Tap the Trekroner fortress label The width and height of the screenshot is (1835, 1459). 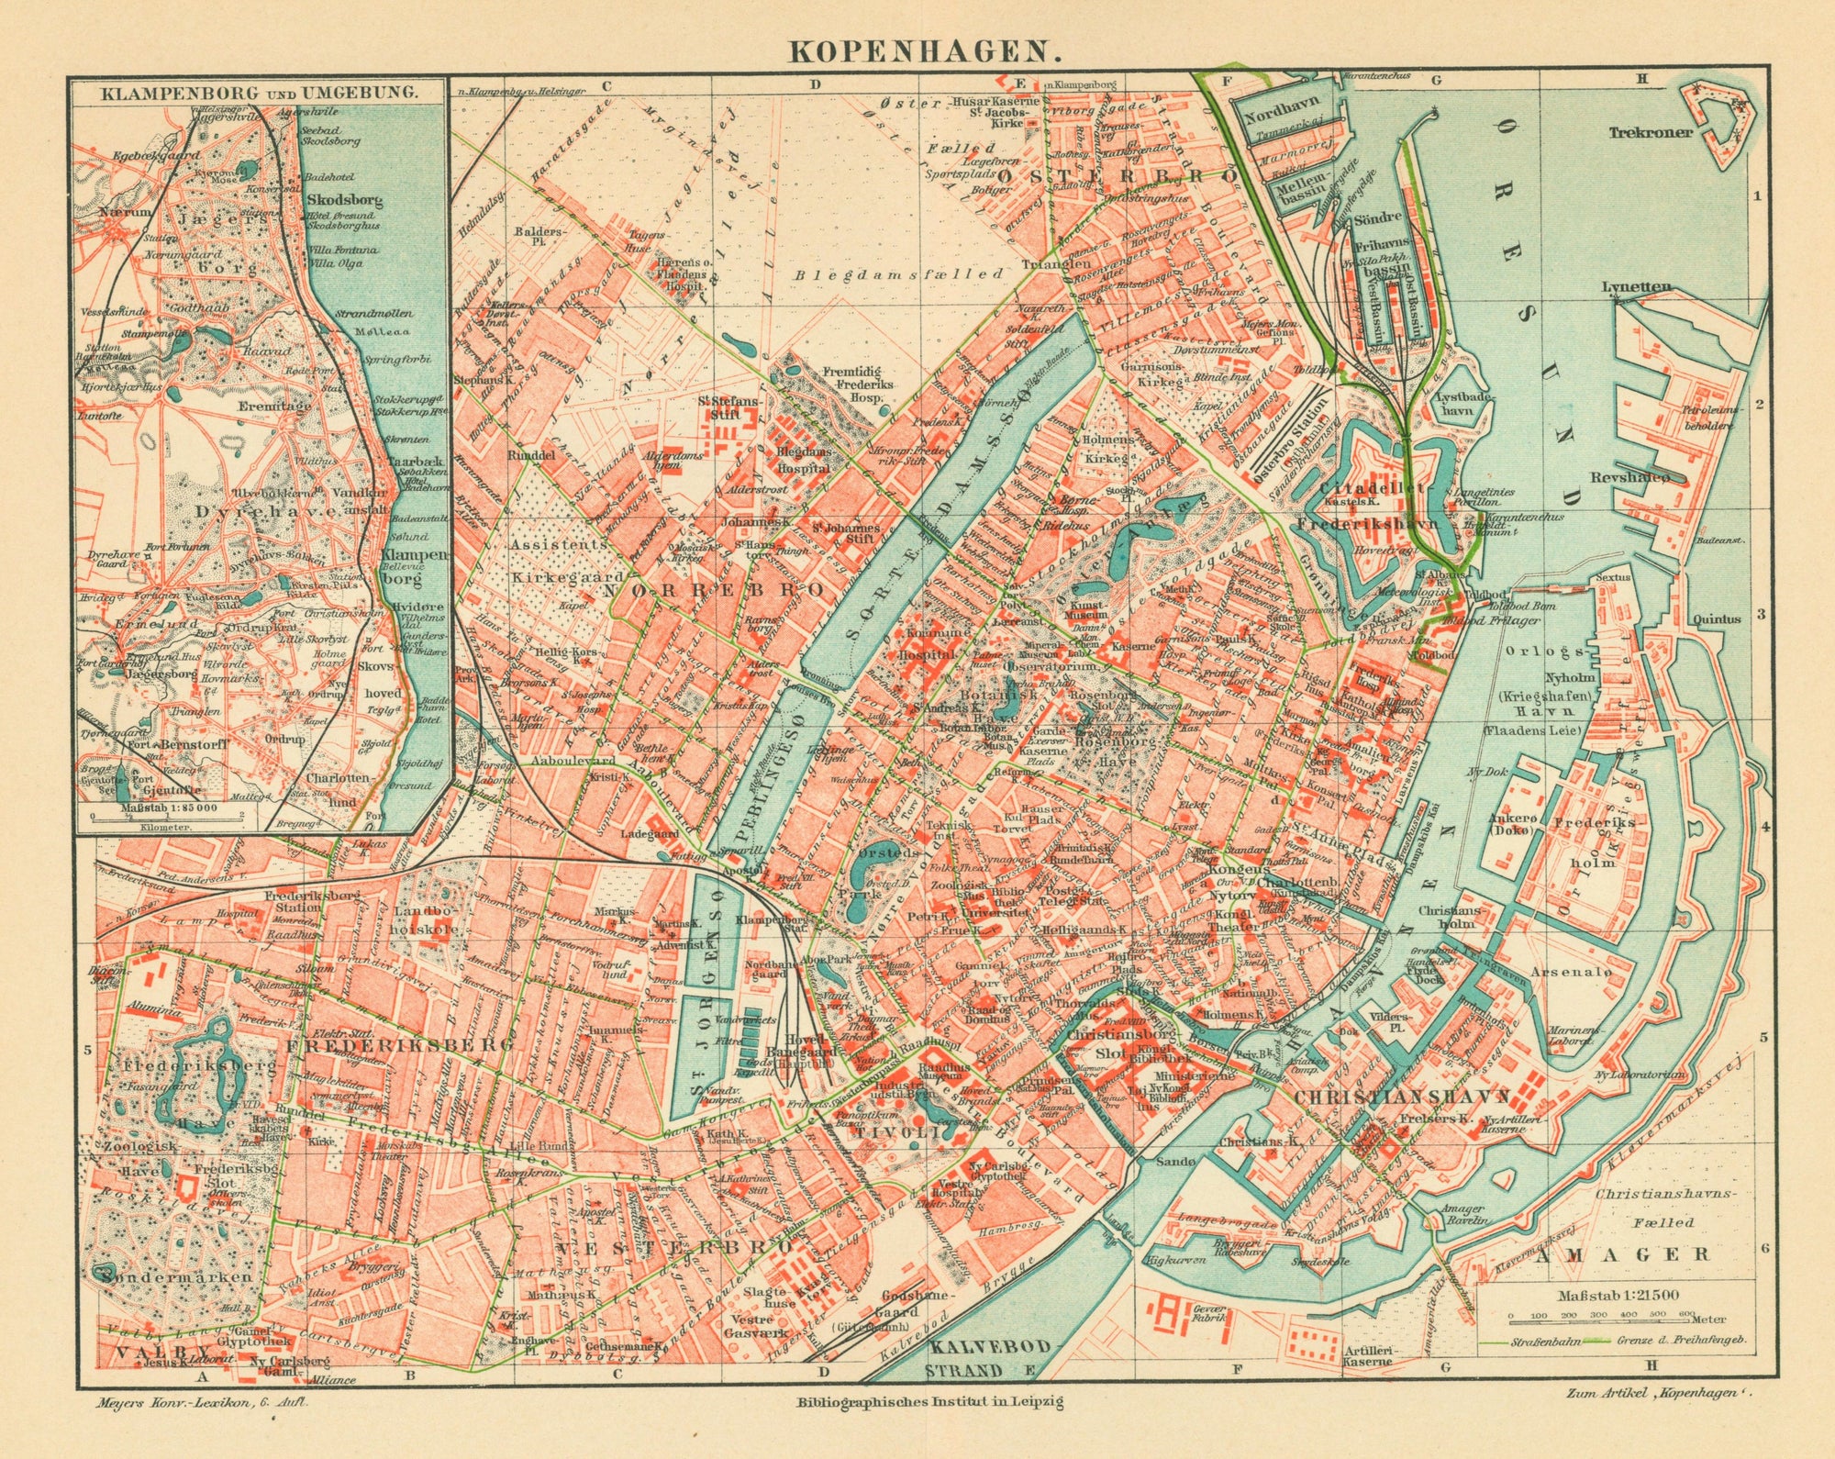[x=1649, y=132]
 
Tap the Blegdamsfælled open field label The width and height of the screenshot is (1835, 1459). [x=899, y=273]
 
